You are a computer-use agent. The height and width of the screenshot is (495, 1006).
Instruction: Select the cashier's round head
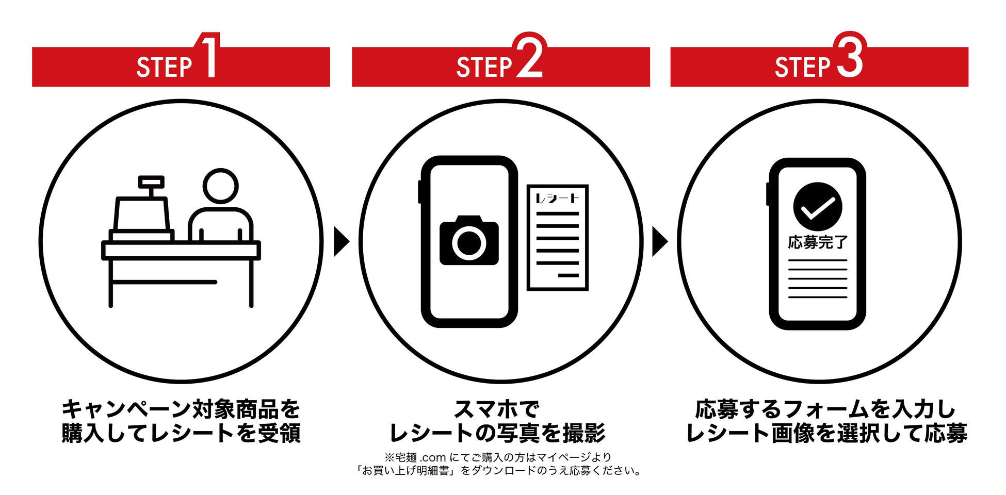(x=221, y=186)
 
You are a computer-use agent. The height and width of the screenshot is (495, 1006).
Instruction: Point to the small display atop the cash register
(x=151, y=181)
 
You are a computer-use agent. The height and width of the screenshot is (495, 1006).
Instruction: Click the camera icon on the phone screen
(x=469, y=241)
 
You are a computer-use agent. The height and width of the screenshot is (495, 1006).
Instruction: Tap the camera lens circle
(x=469, y=243)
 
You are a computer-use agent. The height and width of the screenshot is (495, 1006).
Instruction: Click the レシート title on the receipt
(x=557, y=199)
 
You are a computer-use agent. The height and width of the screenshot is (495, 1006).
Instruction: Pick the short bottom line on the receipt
(x=569, y=276)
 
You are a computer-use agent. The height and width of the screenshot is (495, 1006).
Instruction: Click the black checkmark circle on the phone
(x=817, y=207)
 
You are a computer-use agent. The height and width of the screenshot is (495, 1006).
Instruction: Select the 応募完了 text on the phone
(x=818, y=242)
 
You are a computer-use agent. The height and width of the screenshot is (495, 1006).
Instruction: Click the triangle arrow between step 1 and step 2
(x=341, y=241)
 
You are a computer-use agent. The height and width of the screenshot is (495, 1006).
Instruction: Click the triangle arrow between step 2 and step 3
(x=659, y=241)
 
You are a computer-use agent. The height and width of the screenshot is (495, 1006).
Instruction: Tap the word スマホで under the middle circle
(x=496, y=410)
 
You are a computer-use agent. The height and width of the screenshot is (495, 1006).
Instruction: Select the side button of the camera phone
(x=420, y=191)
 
